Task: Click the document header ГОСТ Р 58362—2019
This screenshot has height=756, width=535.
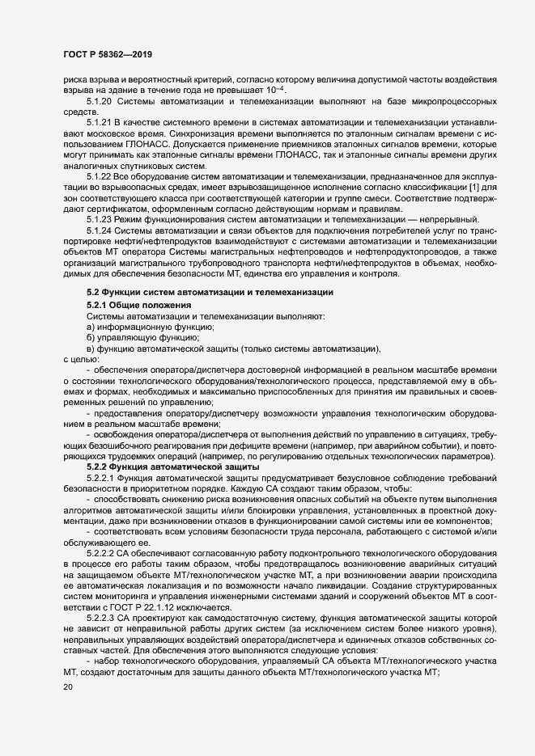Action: [107, 54]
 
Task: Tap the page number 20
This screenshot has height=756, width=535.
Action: [68, 687]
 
